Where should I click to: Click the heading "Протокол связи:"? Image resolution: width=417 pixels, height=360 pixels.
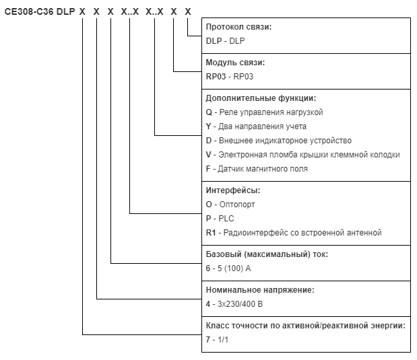click(238, 27)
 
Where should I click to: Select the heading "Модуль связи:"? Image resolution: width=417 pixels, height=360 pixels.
click(235, 63)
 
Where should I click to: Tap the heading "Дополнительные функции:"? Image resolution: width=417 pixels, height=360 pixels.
click(261, 98)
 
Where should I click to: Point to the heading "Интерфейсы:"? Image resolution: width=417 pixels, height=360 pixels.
click(233, 190)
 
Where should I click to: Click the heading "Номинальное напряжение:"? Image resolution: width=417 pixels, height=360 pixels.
click(260, 289)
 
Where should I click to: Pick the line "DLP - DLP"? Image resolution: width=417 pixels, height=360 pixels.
click(225, 41)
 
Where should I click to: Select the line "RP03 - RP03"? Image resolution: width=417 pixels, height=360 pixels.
click(230, 77)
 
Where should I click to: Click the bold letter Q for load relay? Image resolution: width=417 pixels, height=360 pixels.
click(209, 112)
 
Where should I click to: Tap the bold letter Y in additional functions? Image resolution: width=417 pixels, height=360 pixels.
click(209, 127)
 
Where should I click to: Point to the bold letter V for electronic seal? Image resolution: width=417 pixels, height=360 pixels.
click(209, 155)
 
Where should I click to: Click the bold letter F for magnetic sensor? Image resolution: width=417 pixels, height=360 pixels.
click(208, 169)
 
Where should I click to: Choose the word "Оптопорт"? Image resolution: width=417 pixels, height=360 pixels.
click(237, 205)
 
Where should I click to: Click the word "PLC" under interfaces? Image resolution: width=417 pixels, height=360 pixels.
click(226, 219)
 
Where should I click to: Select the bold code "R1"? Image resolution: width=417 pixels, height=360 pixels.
click(211, 233)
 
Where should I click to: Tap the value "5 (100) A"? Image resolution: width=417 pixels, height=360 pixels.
click(234, 268)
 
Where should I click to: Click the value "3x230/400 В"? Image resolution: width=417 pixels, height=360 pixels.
click(240, 304)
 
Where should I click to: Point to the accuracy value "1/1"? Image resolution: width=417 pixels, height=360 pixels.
click(223, 340)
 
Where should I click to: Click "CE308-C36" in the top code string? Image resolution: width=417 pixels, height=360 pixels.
click(29, 11)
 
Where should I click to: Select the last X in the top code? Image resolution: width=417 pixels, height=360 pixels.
click(188, 11)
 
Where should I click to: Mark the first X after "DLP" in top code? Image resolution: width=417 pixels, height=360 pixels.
click(82, 11)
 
